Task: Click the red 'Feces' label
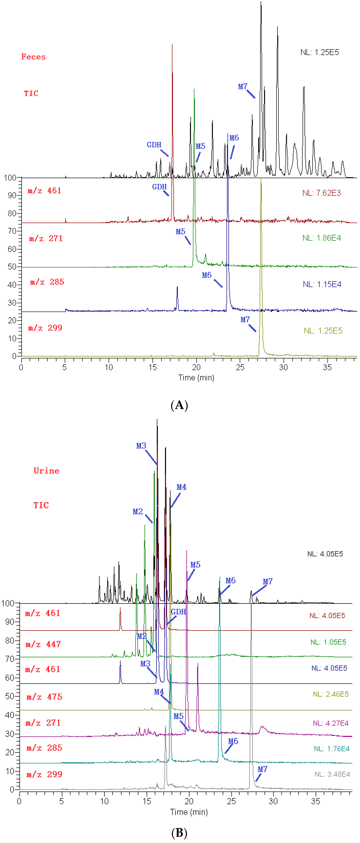pos(33,57)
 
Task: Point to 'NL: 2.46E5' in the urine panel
pos(331,694)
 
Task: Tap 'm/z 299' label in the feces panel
pos(45,328)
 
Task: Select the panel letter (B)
pos(179,833)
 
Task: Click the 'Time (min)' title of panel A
pos(196,378)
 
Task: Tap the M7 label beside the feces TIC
pos(242,86)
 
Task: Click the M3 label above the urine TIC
pos(141,446)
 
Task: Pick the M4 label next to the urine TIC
pos(181,487)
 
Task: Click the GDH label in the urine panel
pos(178,612)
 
